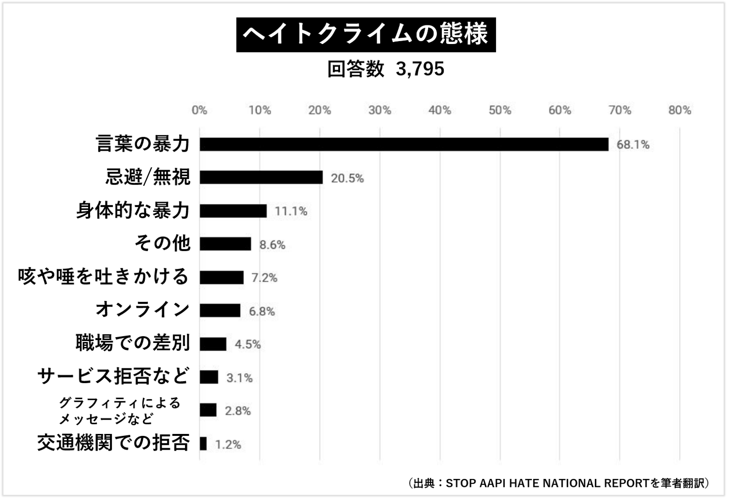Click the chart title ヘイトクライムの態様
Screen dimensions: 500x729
pos(365,35)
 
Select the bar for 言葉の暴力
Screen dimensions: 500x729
pos(404,144)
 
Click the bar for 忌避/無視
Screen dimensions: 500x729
pos(261,177)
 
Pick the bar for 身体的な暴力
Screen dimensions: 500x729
pos(233,211)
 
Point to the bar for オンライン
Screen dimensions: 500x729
pos(220,311)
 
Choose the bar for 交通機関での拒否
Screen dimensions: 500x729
pos(203,444)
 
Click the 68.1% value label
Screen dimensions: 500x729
pos(633,145)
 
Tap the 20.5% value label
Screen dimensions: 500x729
pos(347,178)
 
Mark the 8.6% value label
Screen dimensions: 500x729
pos(272,245)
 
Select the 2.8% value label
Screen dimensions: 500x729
pos(237,411)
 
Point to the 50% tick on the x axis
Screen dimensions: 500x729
pos(500,110)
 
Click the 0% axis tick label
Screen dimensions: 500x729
pos(199,110)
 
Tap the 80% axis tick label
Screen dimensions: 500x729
pos(680,110)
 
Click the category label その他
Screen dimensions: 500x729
pos(162,243)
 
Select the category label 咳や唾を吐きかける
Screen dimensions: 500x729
pos(103,276)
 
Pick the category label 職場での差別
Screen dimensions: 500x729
pos(133,343)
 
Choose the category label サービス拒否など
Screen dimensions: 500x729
pos(113,376)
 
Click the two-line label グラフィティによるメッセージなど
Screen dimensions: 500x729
pos(119,411)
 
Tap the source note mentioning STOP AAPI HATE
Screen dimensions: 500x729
pos(558,483)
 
